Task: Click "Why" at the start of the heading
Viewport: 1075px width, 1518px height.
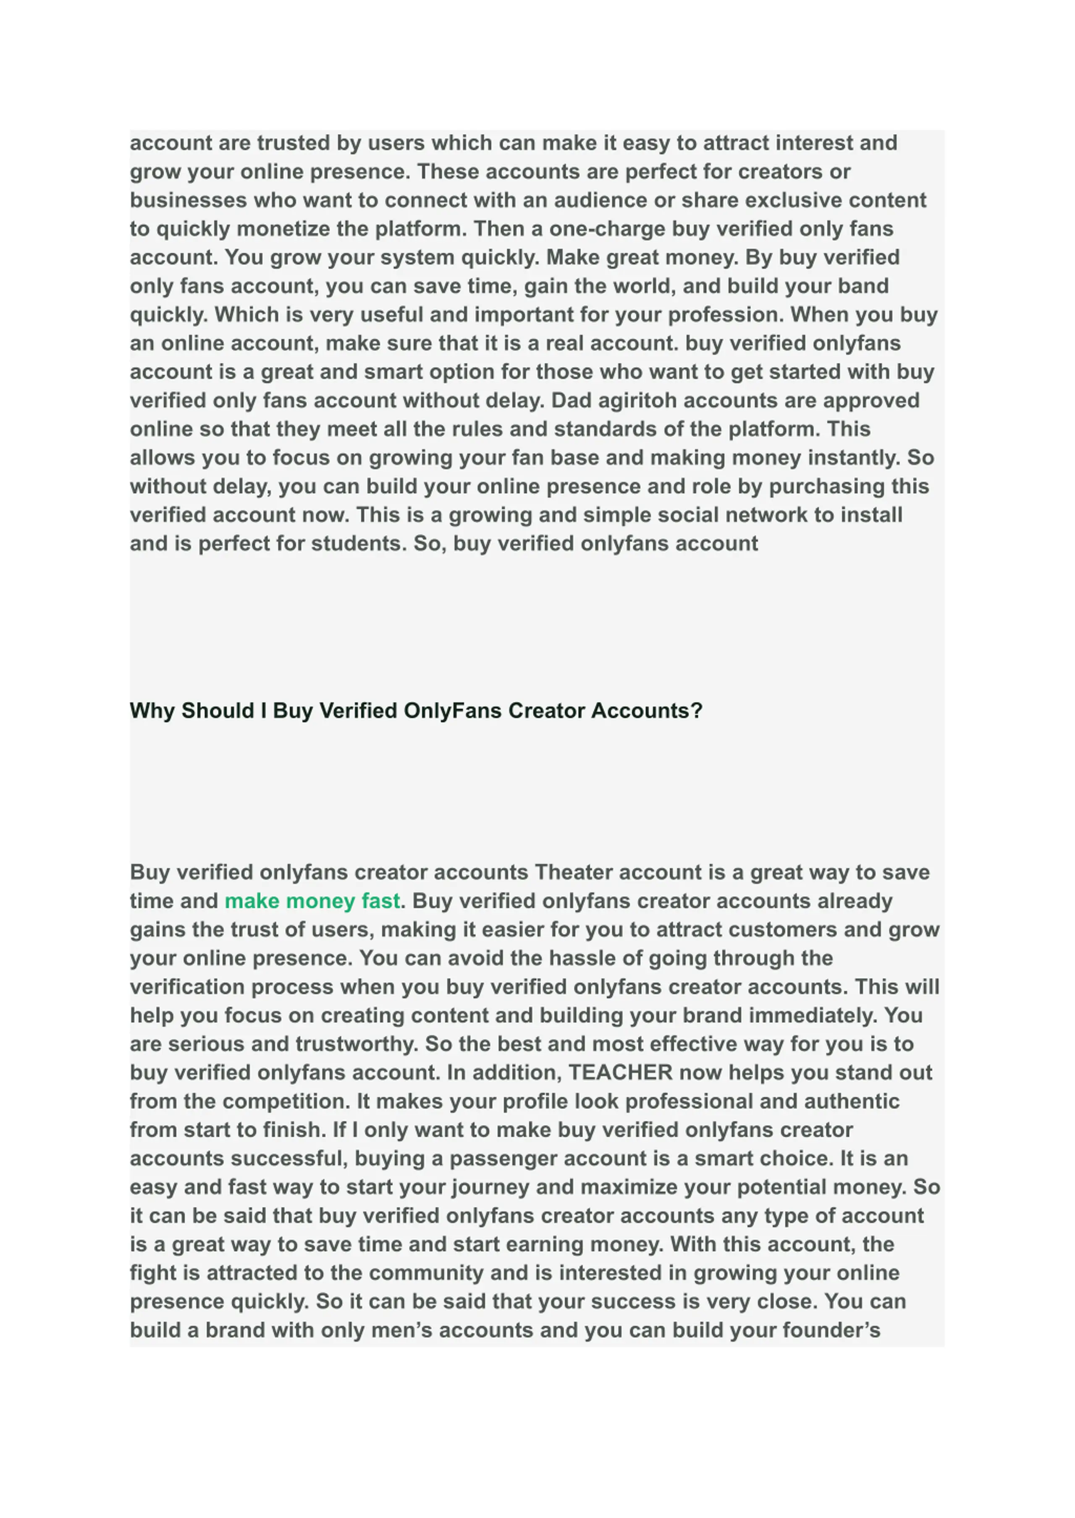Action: tap(152, 711)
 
